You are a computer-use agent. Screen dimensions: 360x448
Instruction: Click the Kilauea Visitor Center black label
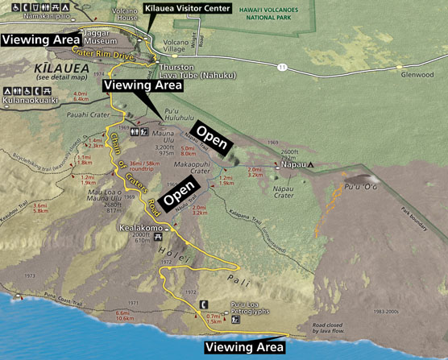188,7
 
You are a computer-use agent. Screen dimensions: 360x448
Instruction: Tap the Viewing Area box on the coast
244,347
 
